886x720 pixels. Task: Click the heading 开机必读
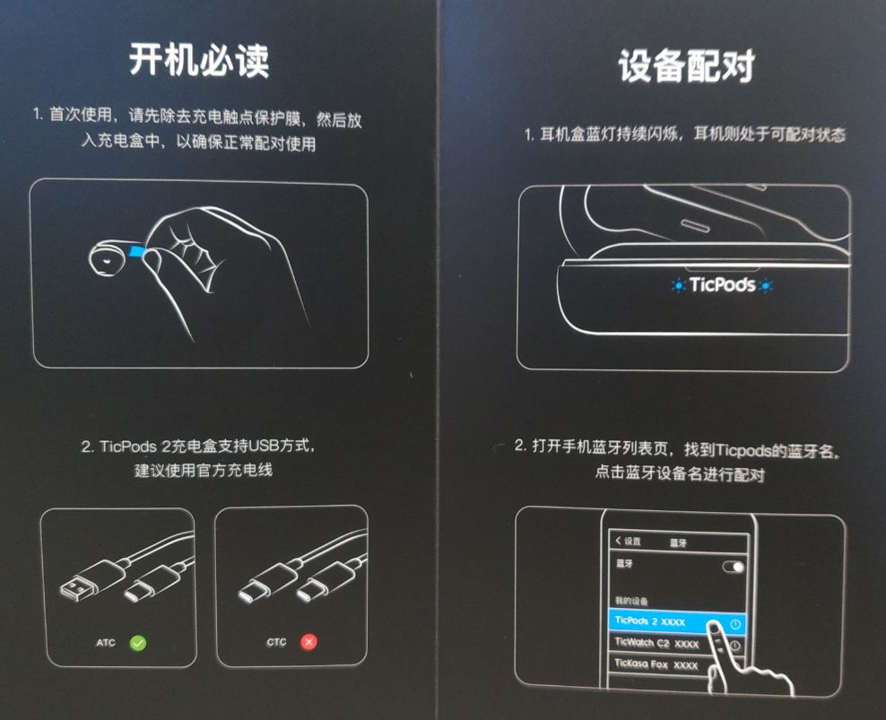[x=199, y=60]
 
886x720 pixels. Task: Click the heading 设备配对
[x=687, y=66]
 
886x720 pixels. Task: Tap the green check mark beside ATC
[x=138, y=643]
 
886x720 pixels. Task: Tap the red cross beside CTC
[x=308, y=642]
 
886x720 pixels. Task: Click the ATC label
[x=106, y=643]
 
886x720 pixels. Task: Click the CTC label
[x=276, y=642]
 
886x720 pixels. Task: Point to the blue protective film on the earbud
[x=137, y=250]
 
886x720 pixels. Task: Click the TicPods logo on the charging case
[x=722, y=284]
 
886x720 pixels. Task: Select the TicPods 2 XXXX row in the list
[x=677, y=621]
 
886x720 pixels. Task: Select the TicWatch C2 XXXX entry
[x=656, y=643]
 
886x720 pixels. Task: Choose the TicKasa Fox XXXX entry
[x=656, y=664]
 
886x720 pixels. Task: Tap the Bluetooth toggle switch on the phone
[x=734, y=567]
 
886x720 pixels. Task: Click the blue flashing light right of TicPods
[x=766, y=285]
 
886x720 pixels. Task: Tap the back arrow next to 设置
[x=618, y=541]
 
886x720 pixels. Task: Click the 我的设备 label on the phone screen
[x=631, y=600]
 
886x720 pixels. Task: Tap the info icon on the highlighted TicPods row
[x=735, y=624]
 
